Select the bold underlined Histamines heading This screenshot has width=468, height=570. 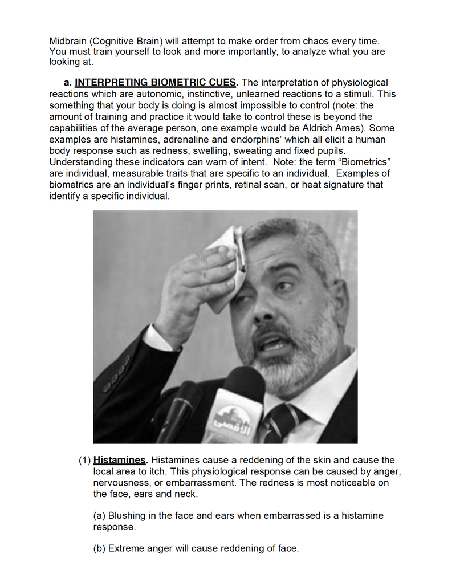pyautogui.click(x=120, y=460)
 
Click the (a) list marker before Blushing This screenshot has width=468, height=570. pyautogui.click(x=99, y=516)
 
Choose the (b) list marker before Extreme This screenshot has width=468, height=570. pyautogui.click(x=99, y=548)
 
